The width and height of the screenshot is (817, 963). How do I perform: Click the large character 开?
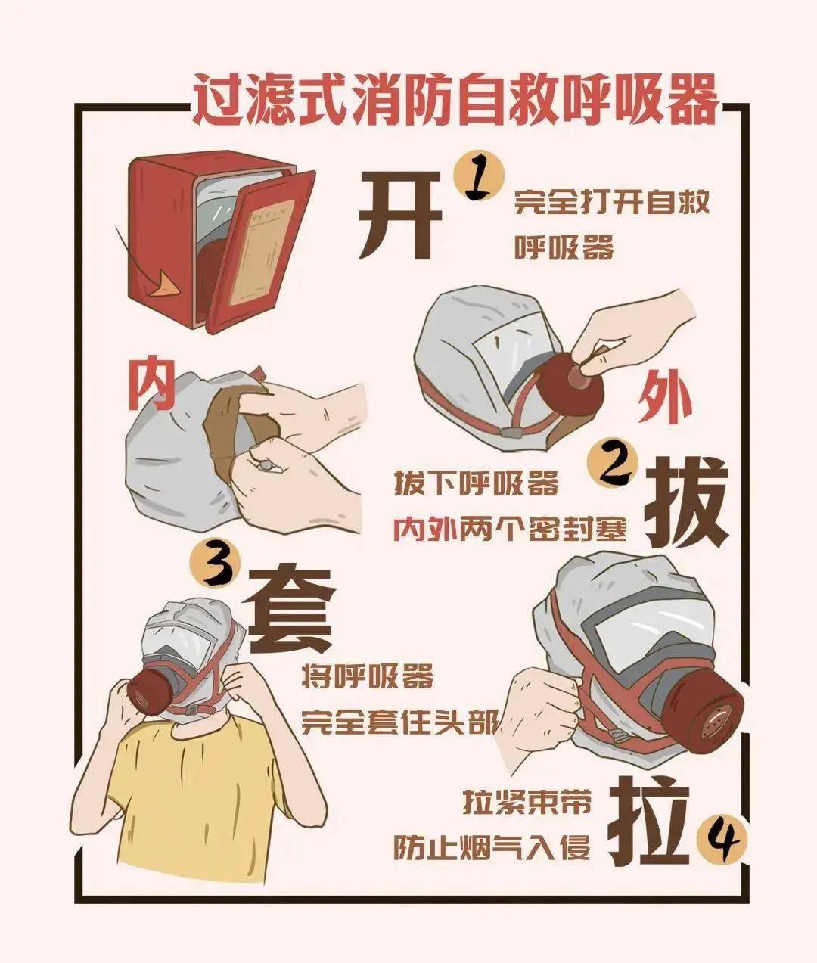coord(400,214)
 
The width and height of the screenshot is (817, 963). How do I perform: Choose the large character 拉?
coord(650,825)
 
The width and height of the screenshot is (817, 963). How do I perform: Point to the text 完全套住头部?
coord(400,722)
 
